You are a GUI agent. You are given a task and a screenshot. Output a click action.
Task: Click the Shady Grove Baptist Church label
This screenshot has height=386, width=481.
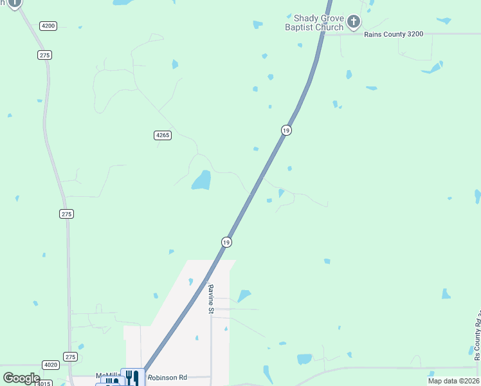click(x=315, y=23)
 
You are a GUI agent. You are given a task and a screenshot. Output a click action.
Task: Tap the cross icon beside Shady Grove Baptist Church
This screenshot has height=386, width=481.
click(x=353, y=23)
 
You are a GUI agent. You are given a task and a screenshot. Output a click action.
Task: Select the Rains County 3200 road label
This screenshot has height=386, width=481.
click(x=394, y=34)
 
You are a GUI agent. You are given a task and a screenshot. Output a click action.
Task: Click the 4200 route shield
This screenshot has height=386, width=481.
click(x=48, y=26)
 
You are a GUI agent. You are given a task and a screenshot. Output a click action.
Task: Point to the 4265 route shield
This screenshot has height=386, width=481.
click(x=163, y=135)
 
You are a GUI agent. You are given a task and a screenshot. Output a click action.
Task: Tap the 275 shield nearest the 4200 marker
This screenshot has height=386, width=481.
click(x=44, y=55)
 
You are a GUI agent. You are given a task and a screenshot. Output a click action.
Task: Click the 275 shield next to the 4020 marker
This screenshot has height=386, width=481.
click(x=71, y=356)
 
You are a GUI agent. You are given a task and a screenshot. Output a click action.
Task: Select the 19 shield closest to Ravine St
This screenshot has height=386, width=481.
click(x=226, y=242)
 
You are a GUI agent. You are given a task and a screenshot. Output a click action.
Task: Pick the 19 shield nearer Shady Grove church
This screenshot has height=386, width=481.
click(x=286, y=131)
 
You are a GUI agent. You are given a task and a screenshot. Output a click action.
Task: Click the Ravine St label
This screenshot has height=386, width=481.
click(x=210, y=299)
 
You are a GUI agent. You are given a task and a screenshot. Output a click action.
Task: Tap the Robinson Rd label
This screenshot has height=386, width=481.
click(x=167, y=378)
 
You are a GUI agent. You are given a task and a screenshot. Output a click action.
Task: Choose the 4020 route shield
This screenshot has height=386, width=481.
click(x=51, y=365)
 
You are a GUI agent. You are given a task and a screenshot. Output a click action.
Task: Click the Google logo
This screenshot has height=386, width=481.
click(x=21, y=378)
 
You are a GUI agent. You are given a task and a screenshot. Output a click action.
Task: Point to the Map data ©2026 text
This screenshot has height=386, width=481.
click(x=453, y=381)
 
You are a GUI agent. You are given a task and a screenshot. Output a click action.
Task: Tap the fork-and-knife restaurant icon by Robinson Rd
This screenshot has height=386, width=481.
click(x=132, y=377)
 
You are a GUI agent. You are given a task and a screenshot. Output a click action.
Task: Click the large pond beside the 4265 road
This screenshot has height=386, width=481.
click(x=201, y=180)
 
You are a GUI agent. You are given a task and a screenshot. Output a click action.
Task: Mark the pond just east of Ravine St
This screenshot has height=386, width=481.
click(x=244, y=296)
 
